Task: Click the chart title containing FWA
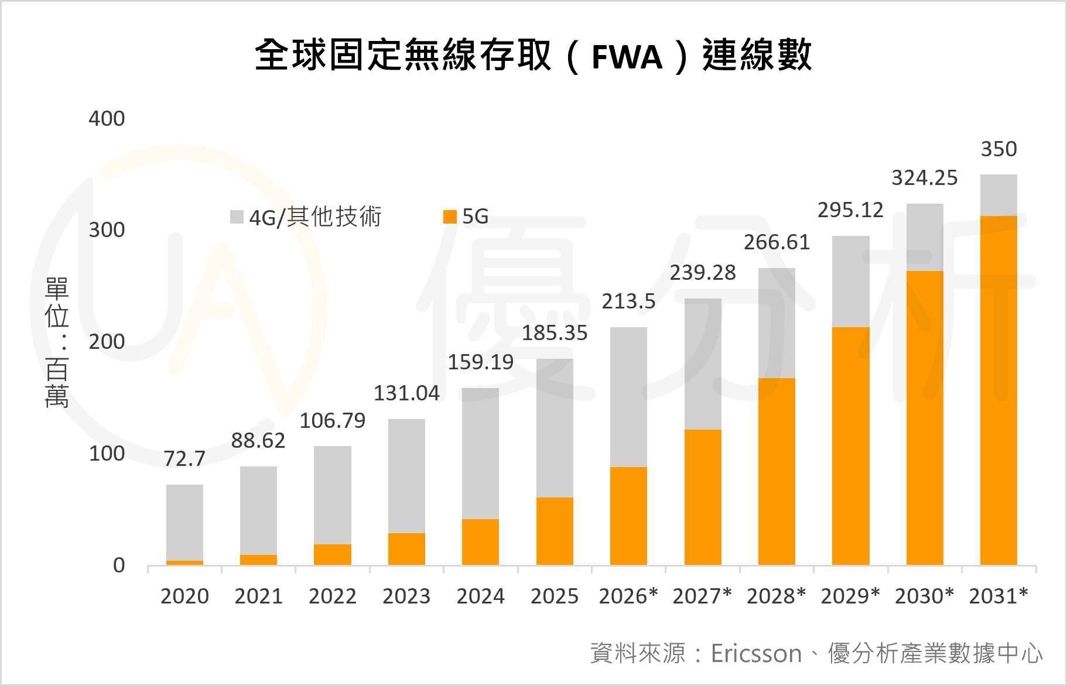click(533, 56)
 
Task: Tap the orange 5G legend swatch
click(450, 217)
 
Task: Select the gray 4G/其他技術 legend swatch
click(237, 217)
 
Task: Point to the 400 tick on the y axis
click(107, 119)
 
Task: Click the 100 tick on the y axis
click(107, 454)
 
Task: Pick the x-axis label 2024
click(480, 596)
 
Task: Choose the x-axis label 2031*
click(998, 596)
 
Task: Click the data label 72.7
click(184, 459)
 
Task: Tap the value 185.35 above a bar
click(555, 333)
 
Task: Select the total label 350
click(998, 149)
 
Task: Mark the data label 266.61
click(777, 242)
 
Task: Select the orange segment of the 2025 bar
click(555, 531)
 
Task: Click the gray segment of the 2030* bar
click(925, 237)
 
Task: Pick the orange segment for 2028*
click(777, 471)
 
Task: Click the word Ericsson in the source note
click(756, 653)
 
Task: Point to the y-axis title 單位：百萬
click(57, 342)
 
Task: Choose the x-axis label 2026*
click(628, 596)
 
